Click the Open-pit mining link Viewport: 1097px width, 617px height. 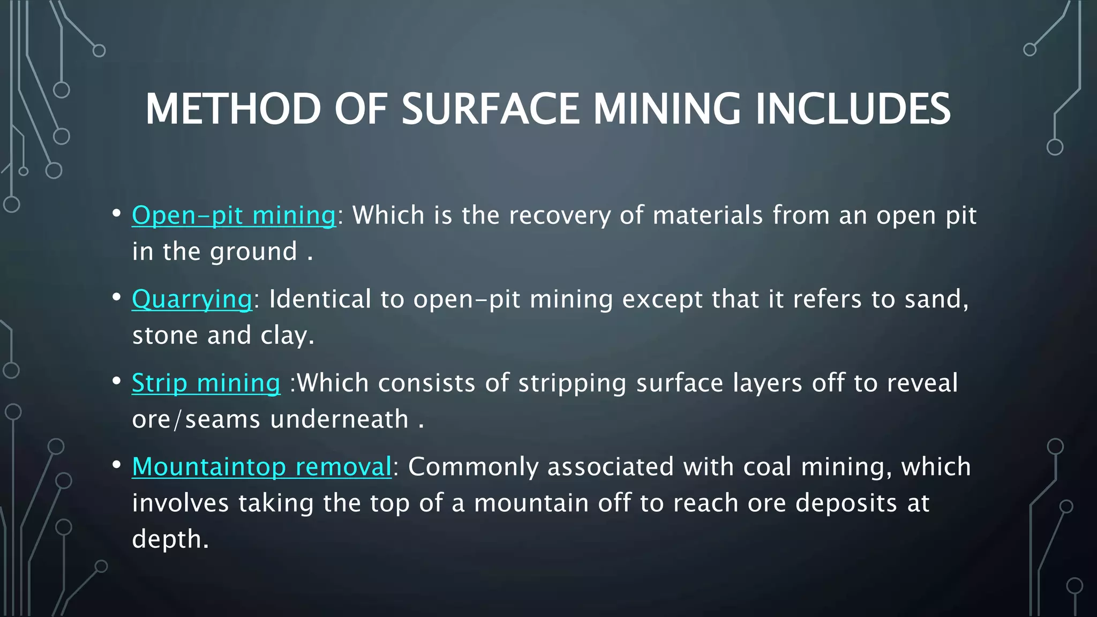(x=234, y=215)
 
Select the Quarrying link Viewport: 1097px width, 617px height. (x=192, y=299)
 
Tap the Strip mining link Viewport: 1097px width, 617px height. (x=206, y=383)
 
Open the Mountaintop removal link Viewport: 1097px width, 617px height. (x=262, y=466)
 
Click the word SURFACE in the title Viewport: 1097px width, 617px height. (x=490, y=109)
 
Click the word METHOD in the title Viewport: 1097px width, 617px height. (x=233, y=109)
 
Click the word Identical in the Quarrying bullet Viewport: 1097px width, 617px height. (x=320, y=299)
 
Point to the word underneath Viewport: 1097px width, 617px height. (x=340, y=419)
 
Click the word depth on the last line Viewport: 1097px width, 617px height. (x=167, y=539)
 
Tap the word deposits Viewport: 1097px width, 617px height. (x=846, y=503)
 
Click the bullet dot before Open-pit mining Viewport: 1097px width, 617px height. (x=116, y=213)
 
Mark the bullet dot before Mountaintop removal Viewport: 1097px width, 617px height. (x=116, y=464)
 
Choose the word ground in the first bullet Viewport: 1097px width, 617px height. (x=253, y=252)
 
